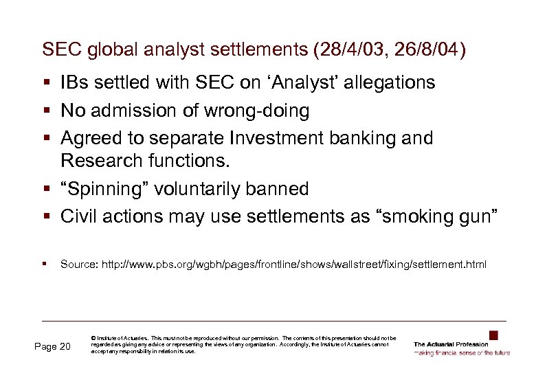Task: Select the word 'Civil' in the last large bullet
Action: click(x=77, y=216)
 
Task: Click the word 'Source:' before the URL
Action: click(x=77, y=264)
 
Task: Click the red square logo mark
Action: click(x=493, y=335)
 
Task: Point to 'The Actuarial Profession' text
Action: click(x=451, y=344)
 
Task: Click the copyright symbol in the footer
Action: click(x=93, y=338)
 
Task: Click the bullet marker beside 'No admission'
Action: click(x=45, y=111)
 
